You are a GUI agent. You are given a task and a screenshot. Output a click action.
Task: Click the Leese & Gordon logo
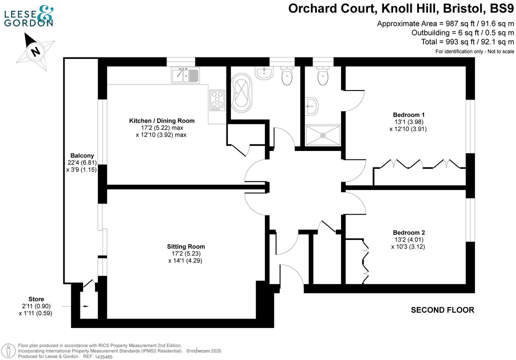(x=28, y=16)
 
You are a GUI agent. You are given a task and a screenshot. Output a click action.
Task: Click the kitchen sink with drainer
(x=185, y=75)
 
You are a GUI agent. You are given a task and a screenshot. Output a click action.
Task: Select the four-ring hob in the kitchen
(x=217, y=100)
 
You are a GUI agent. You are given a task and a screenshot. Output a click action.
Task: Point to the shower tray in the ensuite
(x=322, y=134)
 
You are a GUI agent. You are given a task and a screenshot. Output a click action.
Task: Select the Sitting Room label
(x=186, y=246)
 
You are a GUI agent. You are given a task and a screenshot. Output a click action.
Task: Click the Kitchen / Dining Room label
(x=161, y=120)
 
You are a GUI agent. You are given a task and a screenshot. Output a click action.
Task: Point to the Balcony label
(x=81, y=155)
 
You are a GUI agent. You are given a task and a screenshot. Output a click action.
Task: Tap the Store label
(x=35, y=299)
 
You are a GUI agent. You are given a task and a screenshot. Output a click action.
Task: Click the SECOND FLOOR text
(x=442, y=310)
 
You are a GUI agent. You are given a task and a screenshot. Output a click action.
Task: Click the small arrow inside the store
(x=86, y=306)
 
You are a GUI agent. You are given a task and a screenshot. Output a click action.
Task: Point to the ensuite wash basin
(x=311, y=104)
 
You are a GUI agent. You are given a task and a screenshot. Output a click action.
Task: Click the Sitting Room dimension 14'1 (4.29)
(x=186, y=260)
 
